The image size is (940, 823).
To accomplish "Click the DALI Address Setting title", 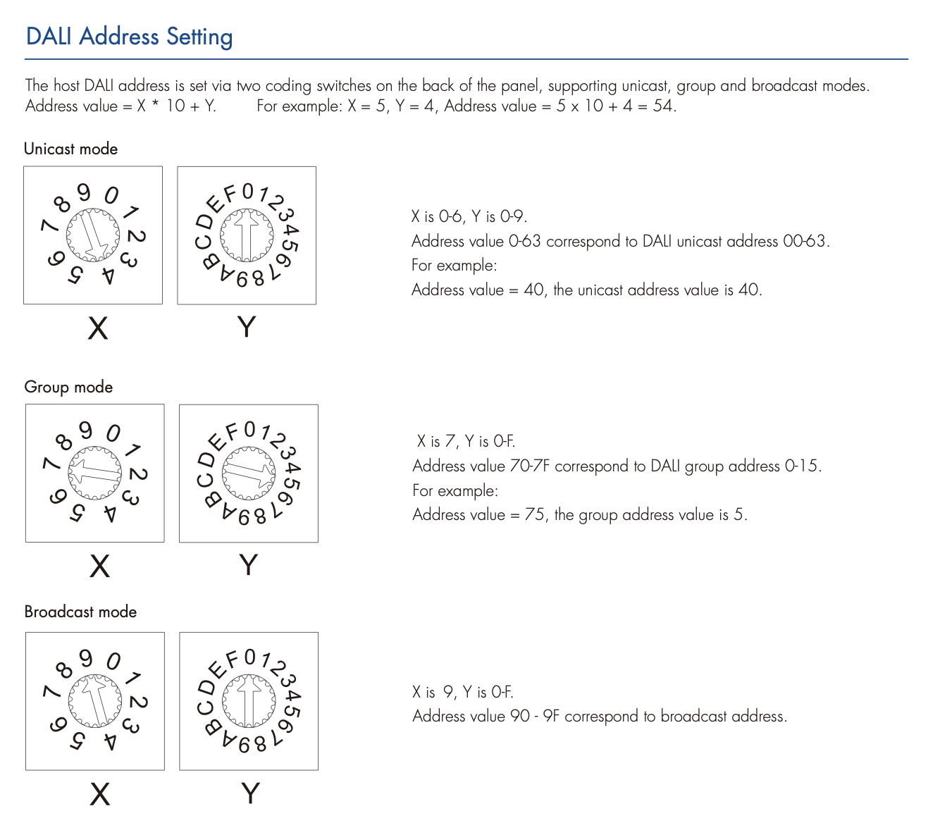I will [x=129, y=37].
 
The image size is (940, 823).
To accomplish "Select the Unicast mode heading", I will [x=70, y=149].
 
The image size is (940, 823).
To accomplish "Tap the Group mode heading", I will [x=68, y=387].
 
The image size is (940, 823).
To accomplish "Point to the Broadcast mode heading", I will [x=80, y=612].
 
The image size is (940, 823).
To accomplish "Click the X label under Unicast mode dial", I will [x=98, y=328].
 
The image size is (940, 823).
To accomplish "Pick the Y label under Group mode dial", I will [x=248, y=564].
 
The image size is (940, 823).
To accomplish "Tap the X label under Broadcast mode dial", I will [x=100, y=794].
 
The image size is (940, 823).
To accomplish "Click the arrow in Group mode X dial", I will [x=95, y=473].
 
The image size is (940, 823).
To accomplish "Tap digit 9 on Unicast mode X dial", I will [x=85, y=192].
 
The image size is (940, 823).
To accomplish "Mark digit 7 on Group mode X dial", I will [x=51, y=463].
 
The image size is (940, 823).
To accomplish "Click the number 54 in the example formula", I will [x=662, y=106].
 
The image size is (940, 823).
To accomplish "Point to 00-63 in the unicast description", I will [x=804, y=241].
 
